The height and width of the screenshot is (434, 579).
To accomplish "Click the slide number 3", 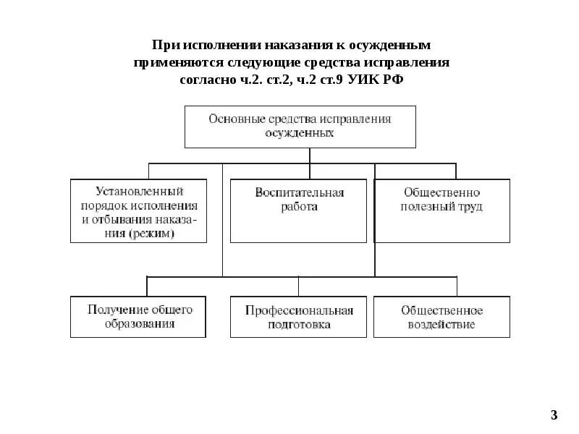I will [554, 415].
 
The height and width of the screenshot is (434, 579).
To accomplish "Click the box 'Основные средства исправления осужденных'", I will [300, 127].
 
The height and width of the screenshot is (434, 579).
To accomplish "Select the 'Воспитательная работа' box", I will [299, 210].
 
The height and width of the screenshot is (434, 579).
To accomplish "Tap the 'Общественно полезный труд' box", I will [442, 210].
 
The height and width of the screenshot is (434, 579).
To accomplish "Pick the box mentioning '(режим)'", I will [139, 210].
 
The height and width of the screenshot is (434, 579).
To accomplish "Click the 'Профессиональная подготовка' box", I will [299, 317].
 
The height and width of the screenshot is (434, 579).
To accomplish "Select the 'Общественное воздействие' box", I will [442, 317].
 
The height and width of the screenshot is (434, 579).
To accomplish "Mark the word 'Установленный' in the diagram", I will [140, 192].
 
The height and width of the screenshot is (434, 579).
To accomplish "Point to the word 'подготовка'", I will [299, 325].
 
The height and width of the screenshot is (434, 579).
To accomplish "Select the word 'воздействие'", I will [442, 325].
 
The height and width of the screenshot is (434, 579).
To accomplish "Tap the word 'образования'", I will [140, 324].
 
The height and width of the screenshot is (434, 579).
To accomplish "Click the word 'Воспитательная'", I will [299, 192].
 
